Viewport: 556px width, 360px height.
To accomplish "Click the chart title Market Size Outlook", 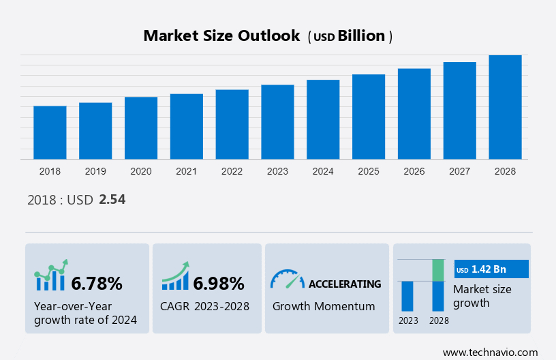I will (221, 36).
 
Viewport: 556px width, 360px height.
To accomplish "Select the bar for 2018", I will (50, 132).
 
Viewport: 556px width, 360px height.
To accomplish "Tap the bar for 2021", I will (187, 126).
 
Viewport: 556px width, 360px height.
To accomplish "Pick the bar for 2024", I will (323, 119).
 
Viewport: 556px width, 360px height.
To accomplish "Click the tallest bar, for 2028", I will (505, 107).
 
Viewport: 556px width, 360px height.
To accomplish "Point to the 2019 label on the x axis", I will (95, 171).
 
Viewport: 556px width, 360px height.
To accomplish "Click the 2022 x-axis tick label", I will (232, 171).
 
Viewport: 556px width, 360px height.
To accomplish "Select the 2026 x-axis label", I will (414, 171).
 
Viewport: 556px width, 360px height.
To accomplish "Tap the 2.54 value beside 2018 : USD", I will (112, 200).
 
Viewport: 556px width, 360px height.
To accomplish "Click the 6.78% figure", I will (97, 283).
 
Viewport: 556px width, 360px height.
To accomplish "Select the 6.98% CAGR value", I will (218, 283).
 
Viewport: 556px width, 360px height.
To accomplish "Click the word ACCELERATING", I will (345, 284).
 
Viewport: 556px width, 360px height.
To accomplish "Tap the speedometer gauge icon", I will (287, 279).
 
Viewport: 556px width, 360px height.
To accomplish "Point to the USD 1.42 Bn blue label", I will (491, 269).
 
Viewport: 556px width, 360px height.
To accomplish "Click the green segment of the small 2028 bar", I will (439, 270).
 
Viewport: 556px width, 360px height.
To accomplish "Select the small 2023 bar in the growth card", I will (407, 296).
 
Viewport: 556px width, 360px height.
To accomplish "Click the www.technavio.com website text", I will (490, 352).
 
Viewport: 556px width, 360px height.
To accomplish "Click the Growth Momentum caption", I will (324, 306).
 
